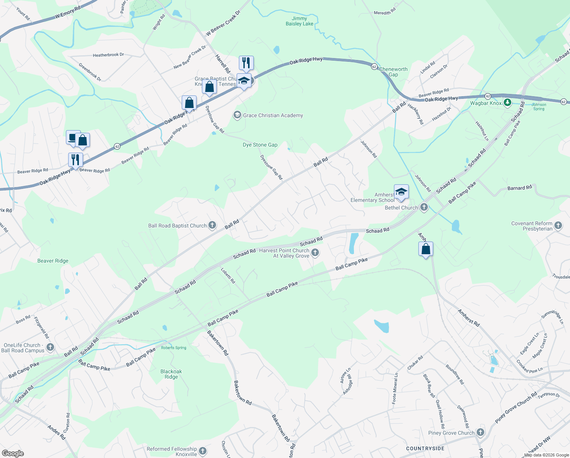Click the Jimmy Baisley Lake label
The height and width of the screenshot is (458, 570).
[x=299, y=21]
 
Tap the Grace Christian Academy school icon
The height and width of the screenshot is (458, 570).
[x=237, y=115]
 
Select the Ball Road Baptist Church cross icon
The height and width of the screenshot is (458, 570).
[x=212, y=226]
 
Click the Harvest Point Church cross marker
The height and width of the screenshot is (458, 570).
[x=315, y=252]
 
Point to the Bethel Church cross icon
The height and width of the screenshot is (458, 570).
[x=424, y=208]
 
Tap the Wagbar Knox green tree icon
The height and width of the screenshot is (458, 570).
[x=507, y=103]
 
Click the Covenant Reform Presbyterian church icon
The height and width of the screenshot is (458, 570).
[x=558, y=226]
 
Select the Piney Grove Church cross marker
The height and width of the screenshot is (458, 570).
[x=480, y=432]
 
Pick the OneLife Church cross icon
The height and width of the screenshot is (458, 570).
[x=50, y=347]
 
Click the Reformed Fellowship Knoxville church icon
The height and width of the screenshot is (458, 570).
[x=203, y=451]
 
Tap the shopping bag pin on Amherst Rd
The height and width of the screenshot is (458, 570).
[x=426, y=249]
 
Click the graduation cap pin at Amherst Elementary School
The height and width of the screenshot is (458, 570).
[x=401, y=192]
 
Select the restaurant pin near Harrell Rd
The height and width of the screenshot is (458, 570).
[x=246, y=63]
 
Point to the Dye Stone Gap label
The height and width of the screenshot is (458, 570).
[x=260, y=145]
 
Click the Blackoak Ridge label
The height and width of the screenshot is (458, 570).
[x=171, y=374]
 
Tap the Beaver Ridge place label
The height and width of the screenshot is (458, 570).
[x=53, y=261]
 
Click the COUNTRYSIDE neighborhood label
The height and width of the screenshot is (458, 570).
[x=425, y=448]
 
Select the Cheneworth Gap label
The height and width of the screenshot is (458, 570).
[x=393, y=72]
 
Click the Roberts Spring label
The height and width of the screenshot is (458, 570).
[x=173, y=348]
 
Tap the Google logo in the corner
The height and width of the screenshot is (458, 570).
[x=13, y=453]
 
